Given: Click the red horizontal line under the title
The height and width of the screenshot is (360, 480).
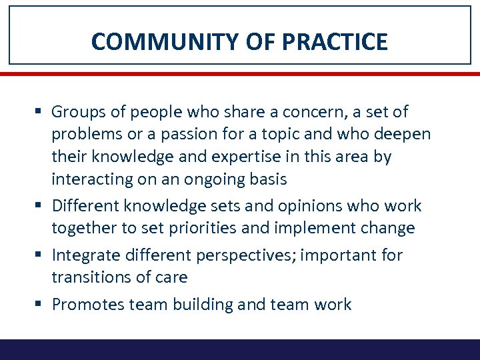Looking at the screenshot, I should coord(240,73).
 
